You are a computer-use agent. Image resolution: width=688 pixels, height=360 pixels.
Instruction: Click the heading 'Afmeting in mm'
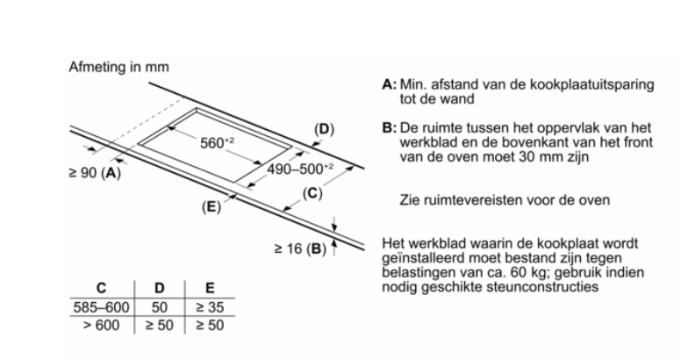click(118, 68)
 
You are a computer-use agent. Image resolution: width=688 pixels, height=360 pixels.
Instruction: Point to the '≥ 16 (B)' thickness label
click(298, 249)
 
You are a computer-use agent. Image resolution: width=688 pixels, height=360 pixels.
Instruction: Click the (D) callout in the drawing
click(324, 130)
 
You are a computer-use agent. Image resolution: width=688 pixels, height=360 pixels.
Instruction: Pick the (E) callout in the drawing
click(210, 207)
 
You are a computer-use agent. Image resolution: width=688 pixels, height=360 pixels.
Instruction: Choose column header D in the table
click(159, 287)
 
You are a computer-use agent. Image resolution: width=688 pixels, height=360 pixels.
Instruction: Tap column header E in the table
click(210, 287)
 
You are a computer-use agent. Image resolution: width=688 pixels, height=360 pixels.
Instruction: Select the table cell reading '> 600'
click(99, 323)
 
